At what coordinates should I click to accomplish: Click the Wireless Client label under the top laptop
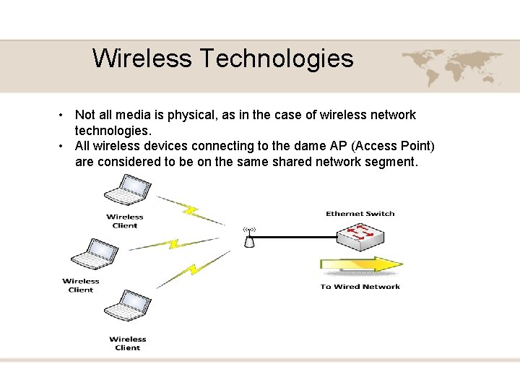pos(125,221)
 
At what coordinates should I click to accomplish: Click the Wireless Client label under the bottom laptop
pos(128,343)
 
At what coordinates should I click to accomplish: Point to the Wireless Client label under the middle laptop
pos(81,285)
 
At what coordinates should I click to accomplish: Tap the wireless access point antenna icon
pos(249,238)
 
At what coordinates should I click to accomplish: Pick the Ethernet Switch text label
pos(360,214)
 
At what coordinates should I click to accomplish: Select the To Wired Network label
pos(360,287)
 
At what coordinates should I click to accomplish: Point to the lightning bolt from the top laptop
pos(191,211)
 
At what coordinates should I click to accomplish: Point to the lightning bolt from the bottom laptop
pos(193,270)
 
